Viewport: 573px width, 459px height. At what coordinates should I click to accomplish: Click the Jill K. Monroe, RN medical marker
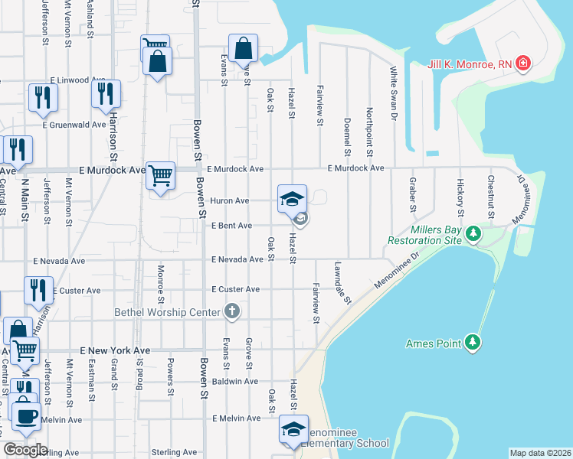(523, 63)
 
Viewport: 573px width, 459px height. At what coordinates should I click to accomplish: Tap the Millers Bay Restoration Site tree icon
(474, 231)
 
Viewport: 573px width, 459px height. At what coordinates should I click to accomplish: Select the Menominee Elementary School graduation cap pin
(293, 431)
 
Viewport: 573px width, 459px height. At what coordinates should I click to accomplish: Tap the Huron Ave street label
(230, 200)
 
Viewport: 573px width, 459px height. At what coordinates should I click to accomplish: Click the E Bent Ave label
(232, 226)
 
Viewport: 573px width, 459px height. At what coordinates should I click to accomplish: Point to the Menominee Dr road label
(398, 271)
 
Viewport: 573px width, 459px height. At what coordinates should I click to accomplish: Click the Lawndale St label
(342, 284)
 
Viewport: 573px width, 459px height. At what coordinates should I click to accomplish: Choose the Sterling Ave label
(176, 452)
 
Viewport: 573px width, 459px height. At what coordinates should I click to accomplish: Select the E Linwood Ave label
(77, 80)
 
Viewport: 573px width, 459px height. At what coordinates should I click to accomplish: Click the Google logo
(25, 450)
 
